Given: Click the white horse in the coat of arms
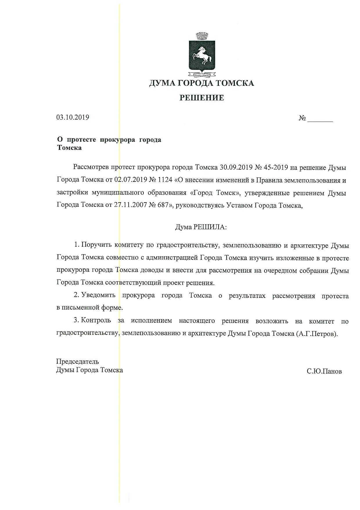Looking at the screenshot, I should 202,55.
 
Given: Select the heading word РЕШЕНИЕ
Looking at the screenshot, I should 202,98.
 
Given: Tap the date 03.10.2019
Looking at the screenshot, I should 73,117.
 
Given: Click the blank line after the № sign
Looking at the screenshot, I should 320,119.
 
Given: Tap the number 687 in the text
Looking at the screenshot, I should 163,205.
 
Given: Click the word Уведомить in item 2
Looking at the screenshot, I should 98,296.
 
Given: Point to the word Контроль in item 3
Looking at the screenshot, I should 96,321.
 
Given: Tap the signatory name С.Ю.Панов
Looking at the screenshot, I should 324,372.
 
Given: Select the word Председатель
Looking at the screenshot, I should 77,362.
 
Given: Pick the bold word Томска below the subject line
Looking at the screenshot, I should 69,148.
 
